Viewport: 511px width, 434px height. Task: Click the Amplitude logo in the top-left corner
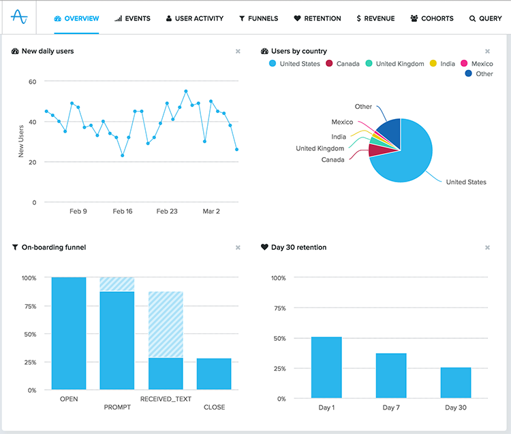point(20,18)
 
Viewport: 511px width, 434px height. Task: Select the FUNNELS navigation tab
point(258,18)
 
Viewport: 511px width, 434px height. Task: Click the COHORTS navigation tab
point(431,18)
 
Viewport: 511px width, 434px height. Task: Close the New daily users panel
point(238,51)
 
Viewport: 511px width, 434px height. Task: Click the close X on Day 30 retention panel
point(487,248)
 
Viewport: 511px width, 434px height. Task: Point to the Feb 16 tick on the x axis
point(123,212)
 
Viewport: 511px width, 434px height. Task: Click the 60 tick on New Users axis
point(31,82)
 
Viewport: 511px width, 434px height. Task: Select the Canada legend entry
point(343,64)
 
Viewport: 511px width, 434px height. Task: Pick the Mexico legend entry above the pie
point(476,64)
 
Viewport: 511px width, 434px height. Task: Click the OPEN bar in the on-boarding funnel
point(69,333)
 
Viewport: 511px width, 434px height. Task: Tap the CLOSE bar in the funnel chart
point(214,374)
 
